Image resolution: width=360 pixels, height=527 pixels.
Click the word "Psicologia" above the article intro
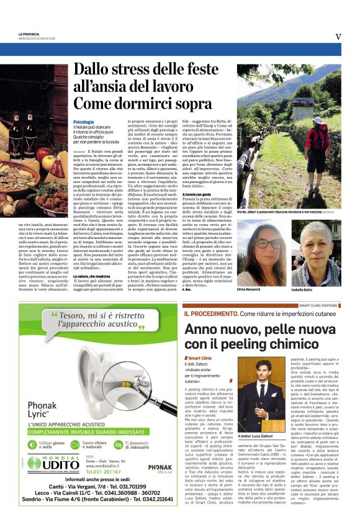[x=83, y=122]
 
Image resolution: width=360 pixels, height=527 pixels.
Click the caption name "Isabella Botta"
[x=317, y=289]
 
